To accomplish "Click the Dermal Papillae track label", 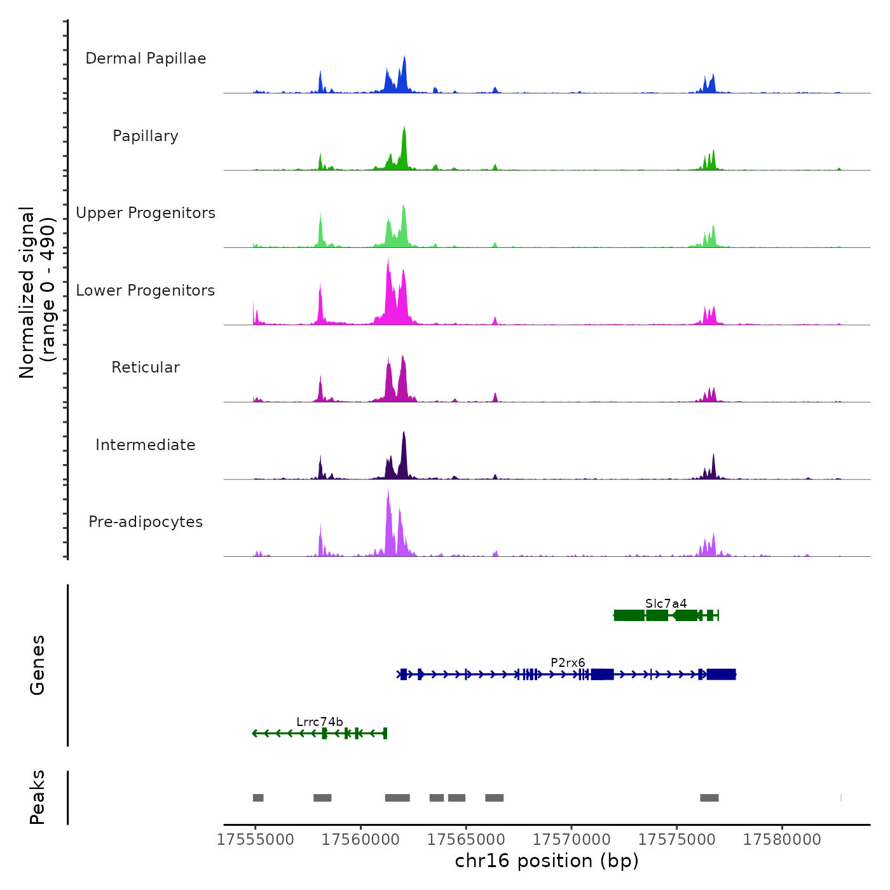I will click(x=146, y=58).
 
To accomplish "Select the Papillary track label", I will click(x=146, y=136).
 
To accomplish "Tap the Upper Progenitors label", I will click(x=146, y=213).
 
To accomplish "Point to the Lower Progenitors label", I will click(x=146, y=291).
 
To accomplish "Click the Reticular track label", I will click(x=146, y=367).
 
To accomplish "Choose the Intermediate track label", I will click(x=146, y=445).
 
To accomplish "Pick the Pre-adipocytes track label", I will click(x=146, y=522).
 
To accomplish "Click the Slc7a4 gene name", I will click(x=666, y=603).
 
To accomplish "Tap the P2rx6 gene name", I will click(x=568, y=663).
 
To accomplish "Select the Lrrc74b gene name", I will click(x=320, y=722).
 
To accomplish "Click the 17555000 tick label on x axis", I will click(x=256, y=840).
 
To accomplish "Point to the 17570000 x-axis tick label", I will click(x=572, y=840).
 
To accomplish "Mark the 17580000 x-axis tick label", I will click(x=782, y=840).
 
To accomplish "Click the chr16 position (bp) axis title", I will click(x=547, y=861).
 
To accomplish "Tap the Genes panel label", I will click(x=37, y=665).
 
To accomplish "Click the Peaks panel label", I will click(x=37, y=797).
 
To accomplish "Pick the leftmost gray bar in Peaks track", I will click(x=258, y=798).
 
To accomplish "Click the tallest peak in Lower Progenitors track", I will click(x=388, y=262).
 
